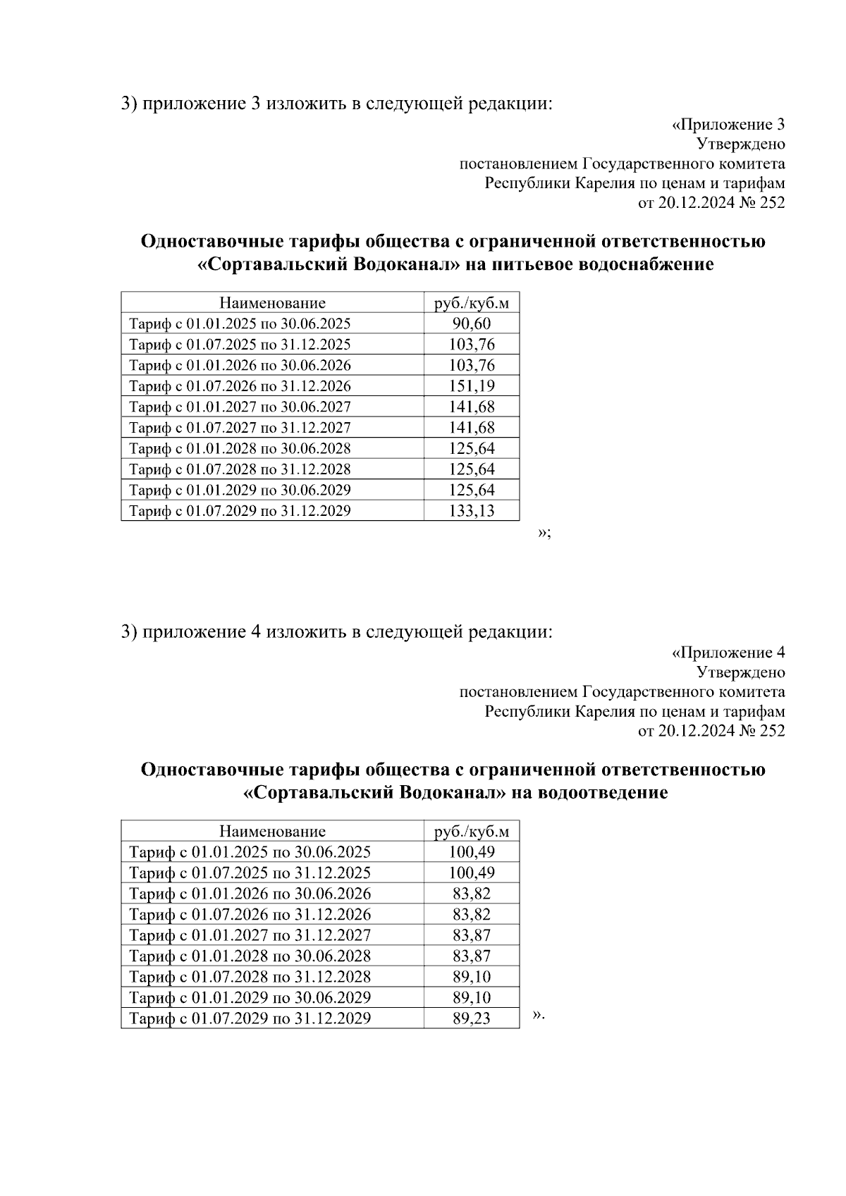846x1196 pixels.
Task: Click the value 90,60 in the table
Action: (x=472, y=324)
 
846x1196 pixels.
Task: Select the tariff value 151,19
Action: (x=472, y=386)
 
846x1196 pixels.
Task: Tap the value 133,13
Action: (x=472, y=511)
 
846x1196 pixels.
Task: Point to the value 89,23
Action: (x=472, y=1018)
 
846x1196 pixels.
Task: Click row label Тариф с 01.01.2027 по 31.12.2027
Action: (x=250, y=935)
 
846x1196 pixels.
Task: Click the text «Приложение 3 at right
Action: (x=728, y=125)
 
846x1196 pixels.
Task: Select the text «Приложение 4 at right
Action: (x=728, y=653)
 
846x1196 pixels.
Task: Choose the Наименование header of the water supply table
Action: (x=272, y=303)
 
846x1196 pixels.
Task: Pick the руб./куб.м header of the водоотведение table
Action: (x=472, y=832)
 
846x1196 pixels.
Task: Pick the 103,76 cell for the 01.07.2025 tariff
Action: (x=472, y=345)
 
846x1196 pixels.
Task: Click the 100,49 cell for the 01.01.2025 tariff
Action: (x=472, y=852)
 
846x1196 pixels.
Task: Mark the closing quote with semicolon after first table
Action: (x=544, y=533)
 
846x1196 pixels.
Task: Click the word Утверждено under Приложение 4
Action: (x=740, y=672)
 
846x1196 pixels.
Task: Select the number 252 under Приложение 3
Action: (x=772, y=203)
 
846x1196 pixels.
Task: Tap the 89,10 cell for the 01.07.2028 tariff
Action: (x=472, y=977)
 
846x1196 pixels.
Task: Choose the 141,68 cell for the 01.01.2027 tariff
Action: (x=472, y=407)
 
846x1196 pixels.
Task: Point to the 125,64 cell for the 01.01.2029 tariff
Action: (x=472, y=490)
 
